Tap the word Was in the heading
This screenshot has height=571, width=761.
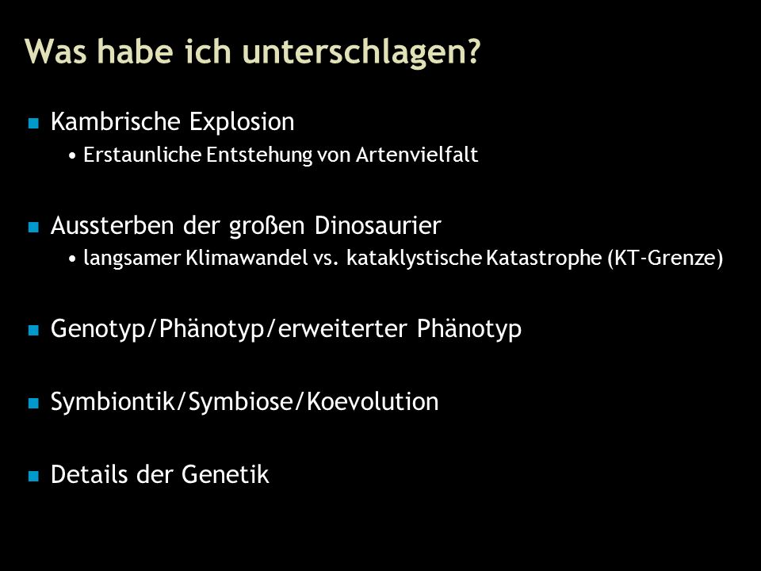(55, 51)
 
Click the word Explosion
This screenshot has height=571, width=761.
(242, 122)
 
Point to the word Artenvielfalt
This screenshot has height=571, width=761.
(417, 155)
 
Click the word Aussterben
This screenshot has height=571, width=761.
(112, 225)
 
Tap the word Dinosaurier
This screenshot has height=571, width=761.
(377, 225)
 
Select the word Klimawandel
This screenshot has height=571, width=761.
(247, 257)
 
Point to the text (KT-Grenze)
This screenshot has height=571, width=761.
(665, 258)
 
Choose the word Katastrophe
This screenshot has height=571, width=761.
(544, 258)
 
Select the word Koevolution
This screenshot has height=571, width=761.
(373, 401)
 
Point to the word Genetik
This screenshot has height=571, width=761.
(225, 474)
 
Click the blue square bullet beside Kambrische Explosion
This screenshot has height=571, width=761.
(33, 123)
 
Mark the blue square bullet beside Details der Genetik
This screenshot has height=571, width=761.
(33, 476)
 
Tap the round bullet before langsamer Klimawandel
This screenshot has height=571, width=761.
(72, 259)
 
